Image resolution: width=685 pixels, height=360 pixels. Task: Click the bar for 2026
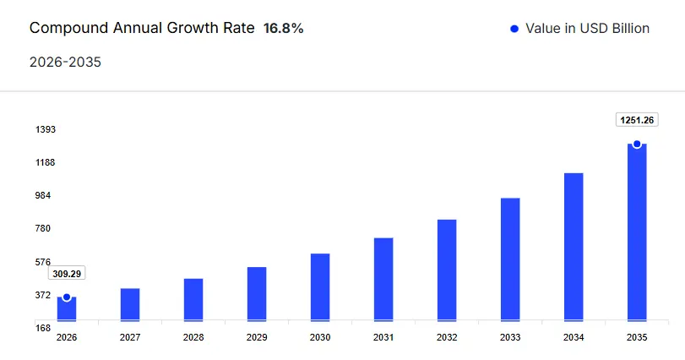[x=67, y=310]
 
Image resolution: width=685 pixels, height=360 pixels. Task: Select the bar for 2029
[x=257, y=294]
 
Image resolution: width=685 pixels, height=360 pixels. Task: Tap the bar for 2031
[x=383, y=279]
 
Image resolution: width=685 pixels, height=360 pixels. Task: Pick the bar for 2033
[x=510, y=259]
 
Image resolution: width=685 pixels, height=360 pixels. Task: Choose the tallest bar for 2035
[x=637, y=232]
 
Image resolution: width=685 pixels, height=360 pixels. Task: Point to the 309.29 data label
[x=67, y=274]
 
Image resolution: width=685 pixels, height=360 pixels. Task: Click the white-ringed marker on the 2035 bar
[x=637, y=144]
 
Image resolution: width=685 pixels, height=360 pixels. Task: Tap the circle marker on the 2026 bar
[x=67, y=297]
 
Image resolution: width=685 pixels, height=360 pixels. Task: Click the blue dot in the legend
[x=514, y=29]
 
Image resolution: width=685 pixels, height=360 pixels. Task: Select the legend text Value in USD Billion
[x=587, y=29]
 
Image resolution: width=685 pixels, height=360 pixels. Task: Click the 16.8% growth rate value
[x=283, y=28]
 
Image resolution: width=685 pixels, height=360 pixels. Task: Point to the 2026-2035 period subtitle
[x=65, y=62]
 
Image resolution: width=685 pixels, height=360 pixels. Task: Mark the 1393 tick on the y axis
[x=46, y=129]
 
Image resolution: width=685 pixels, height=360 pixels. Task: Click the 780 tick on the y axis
[x=43, y=228]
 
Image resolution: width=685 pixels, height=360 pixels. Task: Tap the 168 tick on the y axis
[x=43, y=328]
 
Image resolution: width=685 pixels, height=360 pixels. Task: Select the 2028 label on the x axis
[x=193, y=337]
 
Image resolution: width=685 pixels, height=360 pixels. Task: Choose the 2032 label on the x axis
[x=447, y=337]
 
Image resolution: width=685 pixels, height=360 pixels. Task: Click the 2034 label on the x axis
[x=574, y=337]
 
